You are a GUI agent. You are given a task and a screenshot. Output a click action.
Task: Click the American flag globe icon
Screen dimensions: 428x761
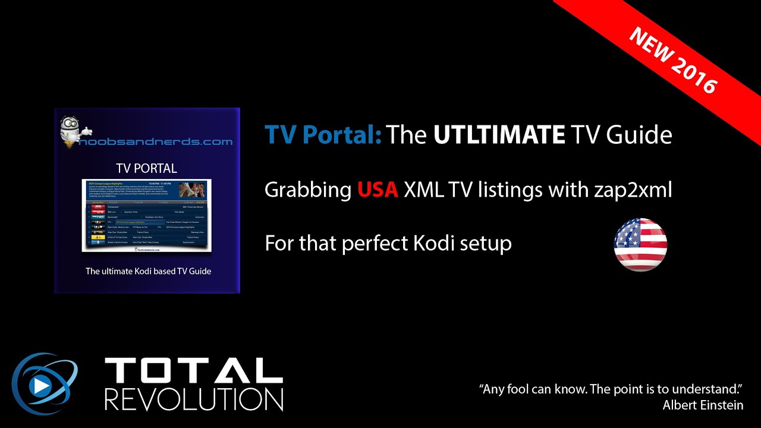point(640,244)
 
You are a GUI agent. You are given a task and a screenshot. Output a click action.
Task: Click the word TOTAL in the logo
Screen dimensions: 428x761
point(193,371)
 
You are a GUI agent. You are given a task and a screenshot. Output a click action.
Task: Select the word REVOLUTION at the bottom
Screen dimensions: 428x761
point(193,399)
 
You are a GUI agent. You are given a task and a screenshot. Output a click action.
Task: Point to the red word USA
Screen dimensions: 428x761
point(378,190)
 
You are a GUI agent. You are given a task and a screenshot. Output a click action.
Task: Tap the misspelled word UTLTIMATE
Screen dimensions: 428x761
point(499,136)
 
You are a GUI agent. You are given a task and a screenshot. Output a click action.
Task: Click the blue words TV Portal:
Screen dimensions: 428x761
point(323,136)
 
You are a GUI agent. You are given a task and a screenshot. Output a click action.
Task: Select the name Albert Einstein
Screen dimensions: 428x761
point(703,405)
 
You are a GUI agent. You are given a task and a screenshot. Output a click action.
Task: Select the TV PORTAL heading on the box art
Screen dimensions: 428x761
point(146,168)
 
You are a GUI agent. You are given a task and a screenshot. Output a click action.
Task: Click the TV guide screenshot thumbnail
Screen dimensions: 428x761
point(146,215)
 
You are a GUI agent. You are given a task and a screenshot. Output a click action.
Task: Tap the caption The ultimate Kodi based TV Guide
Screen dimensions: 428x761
point(148,271)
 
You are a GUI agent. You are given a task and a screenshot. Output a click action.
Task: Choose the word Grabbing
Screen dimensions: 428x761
point(308,190)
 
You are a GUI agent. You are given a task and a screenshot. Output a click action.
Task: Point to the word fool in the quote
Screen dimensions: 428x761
point(523,390)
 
